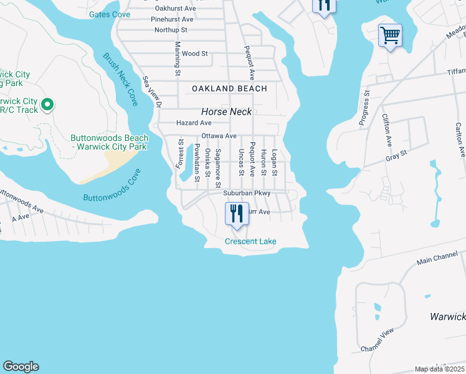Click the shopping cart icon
coord(389,35)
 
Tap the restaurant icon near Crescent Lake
coord(237,214)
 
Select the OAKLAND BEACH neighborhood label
coord(229,89)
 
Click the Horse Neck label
coord(226,112)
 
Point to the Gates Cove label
coord(109,14)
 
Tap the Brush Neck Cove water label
coord(120,79)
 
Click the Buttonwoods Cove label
coord(112,189)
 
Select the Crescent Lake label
coord(250,241)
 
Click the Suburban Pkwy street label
coord(247,193)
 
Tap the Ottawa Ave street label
coord(218,136)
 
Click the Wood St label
coord(195,54)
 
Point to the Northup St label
coord(171,30)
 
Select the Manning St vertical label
coord(178,59)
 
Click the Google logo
coord(21,367)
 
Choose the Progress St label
coord(365,108)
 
